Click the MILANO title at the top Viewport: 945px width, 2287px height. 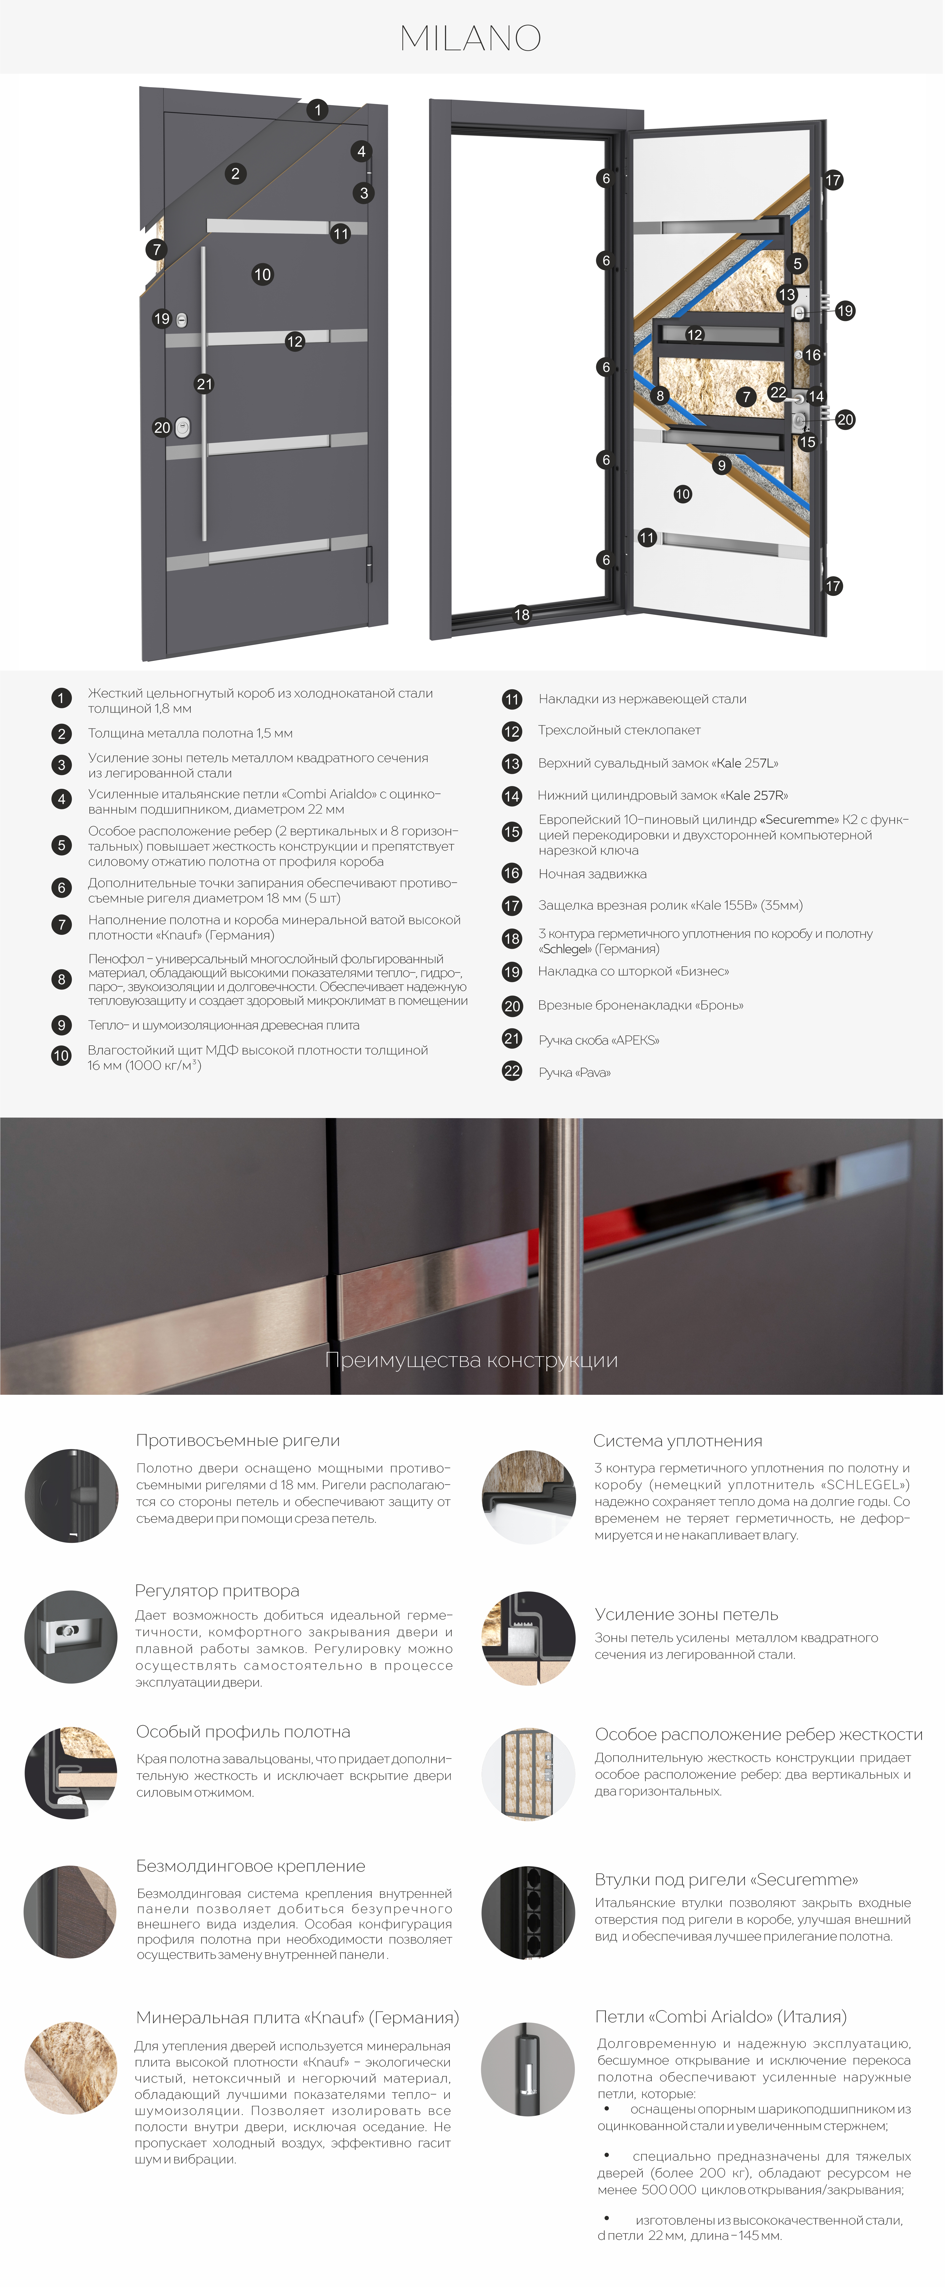pyautogui.click(x=471, y=38)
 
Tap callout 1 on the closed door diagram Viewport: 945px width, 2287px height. pyautogui.click(x=318, y=110)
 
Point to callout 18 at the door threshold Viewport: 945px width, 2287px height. pyautogui.click(x=522, y=614)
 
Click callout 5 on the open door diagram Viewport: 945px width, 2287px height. pyautogui.click(x=798, y=264)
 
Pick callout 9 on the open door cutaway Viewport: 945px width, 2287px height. pyautogui.click(x=721, y=465)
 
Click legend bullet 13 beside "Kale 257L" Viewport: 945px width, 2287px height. pyautogui.click(x=512, y=763)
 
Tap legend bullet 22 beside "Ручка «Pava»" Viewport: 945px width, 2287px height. pyautogui.click(x=512, y=1071)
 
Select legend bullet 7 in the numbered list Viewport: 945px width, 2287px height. pyautogui.click(x=61, y=924)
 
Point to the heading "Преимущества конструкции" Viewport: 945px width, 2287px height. pyautogui.click(x=471, y=1360)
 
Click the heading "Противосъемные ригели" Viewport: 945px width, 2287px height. pyautogui.click(x=238, y=1441)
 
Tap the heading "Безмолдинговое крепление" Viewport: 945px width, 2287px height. pyautogui.click(x=250, y=1866)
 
